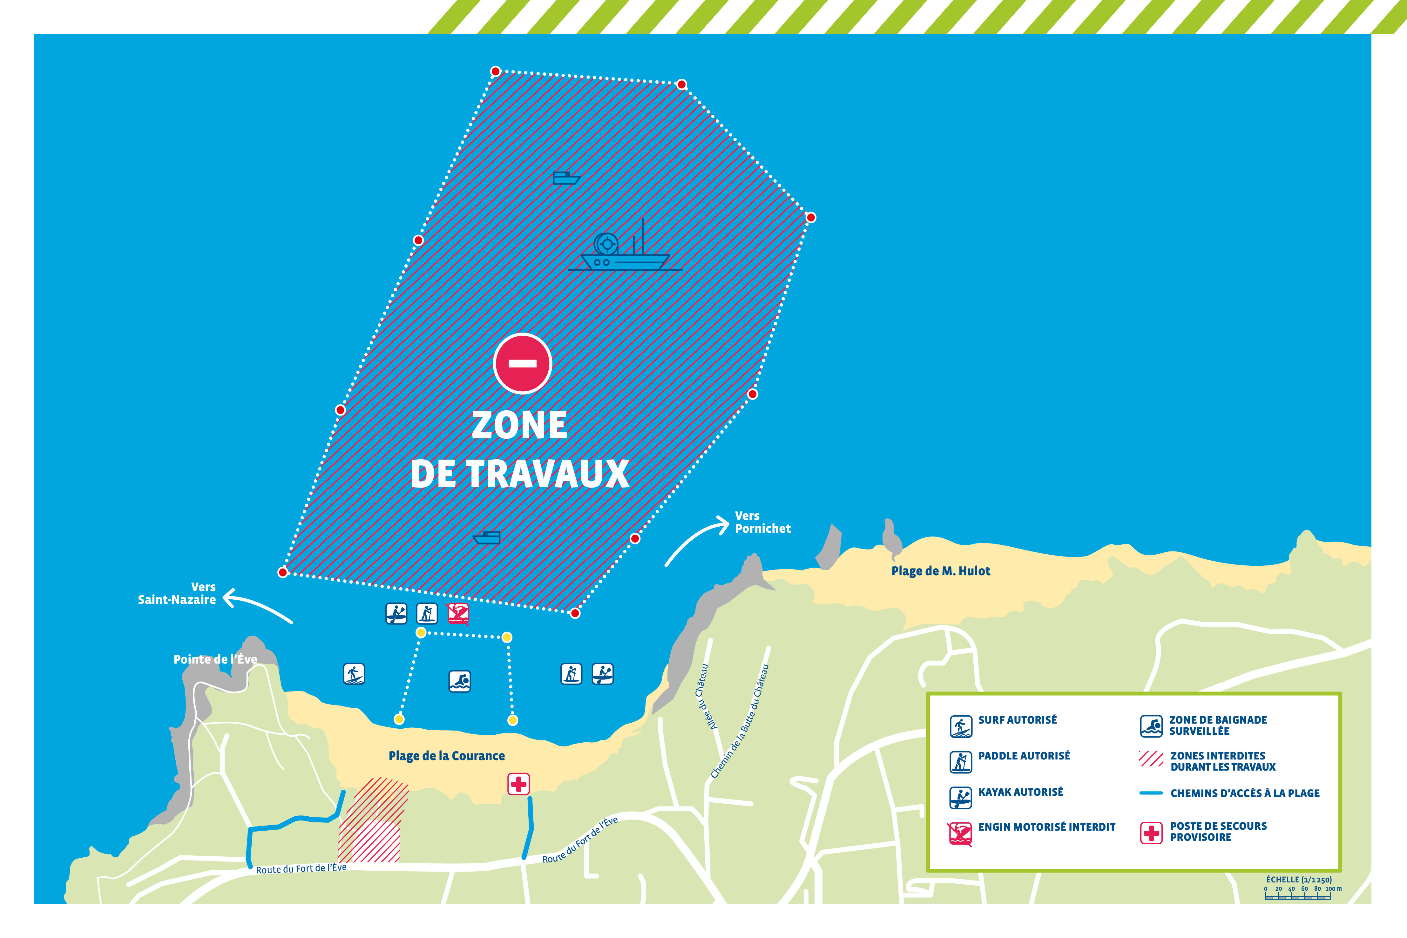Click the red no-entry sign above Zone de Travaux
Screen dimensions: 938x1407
pos(522,363)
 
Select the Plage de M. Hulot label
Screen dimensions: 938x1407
pos(940,571)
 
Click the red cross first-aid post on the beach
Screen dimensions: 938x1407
pos(518,784)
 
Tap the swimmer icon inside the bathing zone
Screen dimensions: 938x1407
pos(459,681)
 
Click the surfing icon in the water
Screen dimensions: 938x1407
pos(354,674)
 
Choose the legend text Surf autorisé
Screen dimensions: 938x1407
pos(1017,720)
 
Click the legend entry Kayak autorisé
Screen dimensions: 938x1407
pos(1021,792)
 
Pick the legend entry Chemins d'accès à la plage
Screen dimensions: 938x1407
pos(1244,793)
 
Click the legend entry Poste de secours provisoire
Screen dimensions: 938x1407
pos(1218,832)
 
